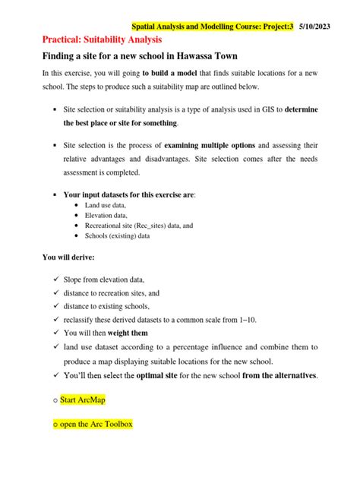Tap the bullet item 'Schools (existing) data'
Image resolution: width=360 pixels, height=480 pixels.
(x=119, y=236)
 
